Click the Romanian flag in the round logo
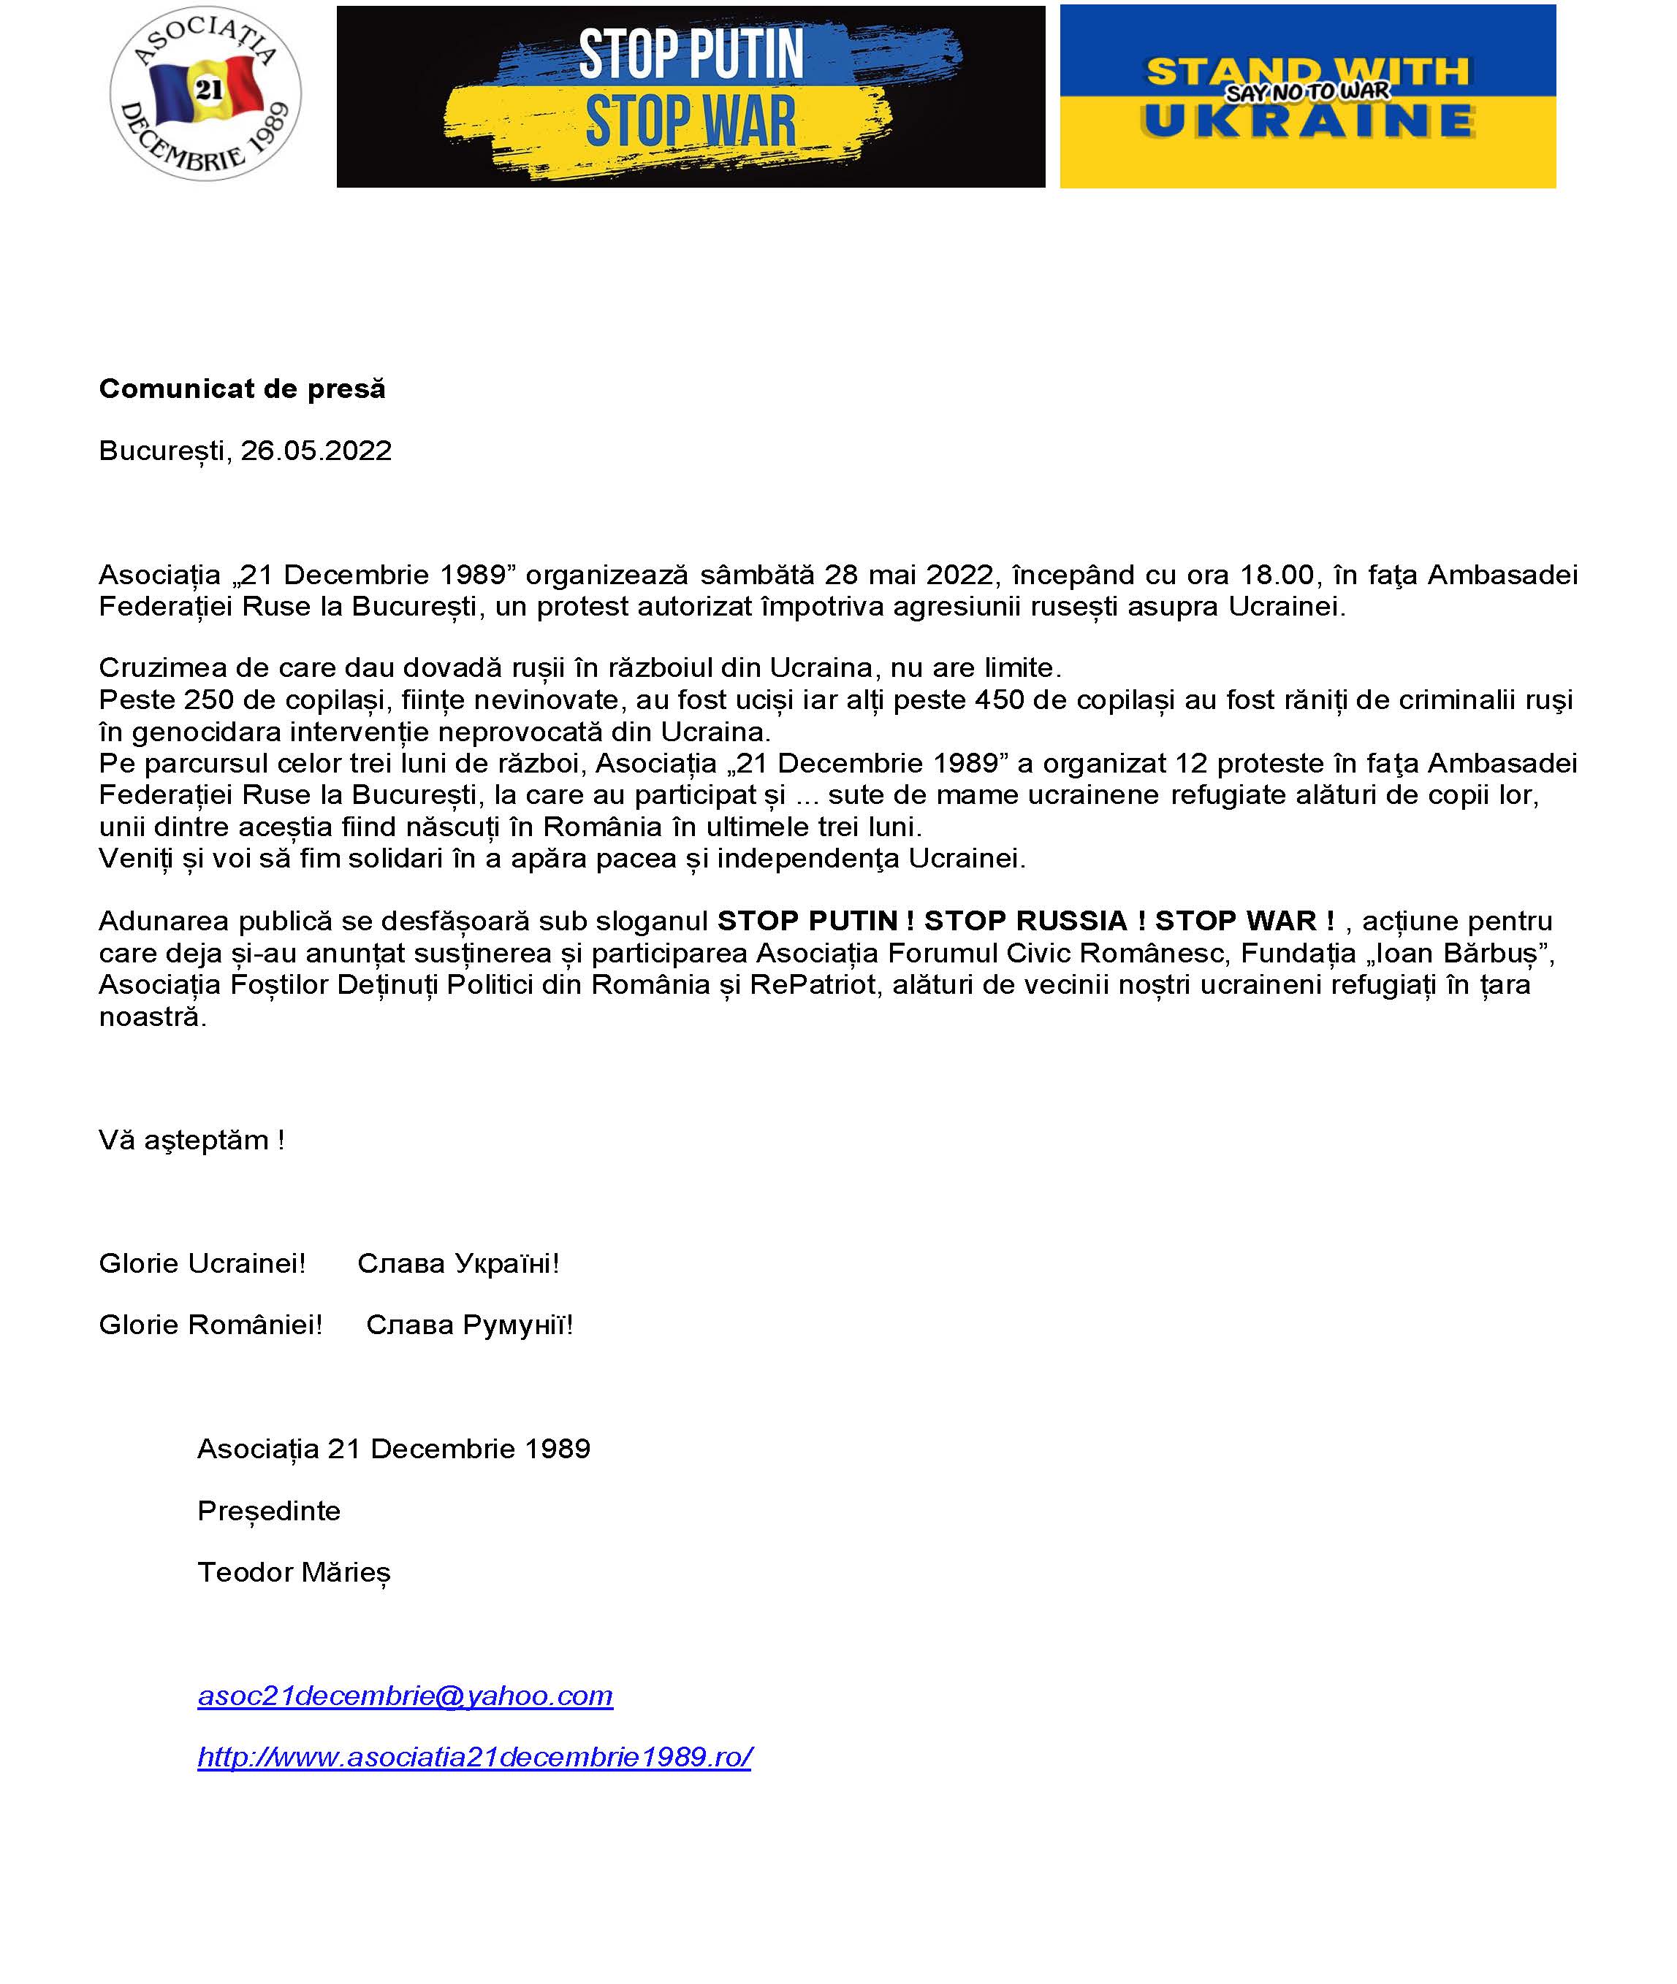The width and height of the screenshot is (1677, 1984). [208, 91]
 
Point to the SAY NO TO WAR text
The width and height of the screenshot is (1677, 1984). [1307, 92]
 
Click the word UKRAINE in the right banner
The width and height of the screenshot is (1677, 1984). [1308, 122]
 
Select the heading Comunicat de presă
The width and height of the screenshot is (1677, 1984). [243, 388]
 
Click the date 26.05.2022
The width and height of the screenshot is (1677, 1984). [316, 451]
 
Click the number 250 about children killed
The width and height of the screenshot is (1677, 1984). [208, 700]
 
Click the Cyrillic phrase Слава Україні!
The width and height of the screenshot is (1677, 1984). [458, 1264]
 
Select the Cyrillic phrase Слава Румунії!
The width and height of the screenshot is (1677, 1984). [470, 1325]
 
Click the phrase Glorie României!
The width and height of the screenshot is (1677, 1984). [211, 1325]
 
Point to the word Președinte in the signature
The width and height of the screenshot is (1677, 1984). [269, 1511]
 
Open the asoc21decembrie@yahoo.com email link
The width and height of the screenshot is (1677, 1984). [405, 1696]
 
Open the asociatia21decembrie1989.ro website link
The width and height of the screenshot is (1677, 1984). [474, 1757]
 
